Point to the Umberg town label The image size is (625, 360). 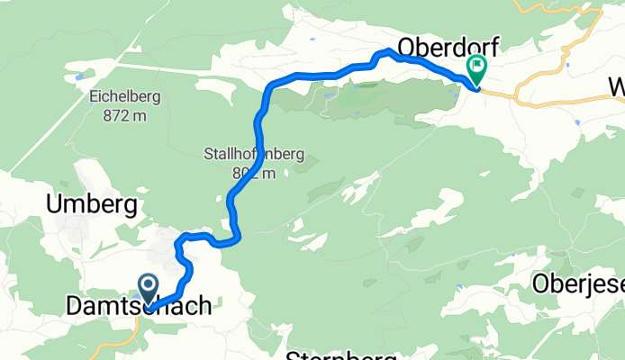coord(92,205)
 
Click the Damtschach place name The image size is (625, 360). coord(139,307)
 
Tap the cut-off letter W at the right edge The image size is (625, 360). coord(617,88)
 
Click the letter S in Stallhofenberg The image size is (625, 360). coord(209,155)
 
